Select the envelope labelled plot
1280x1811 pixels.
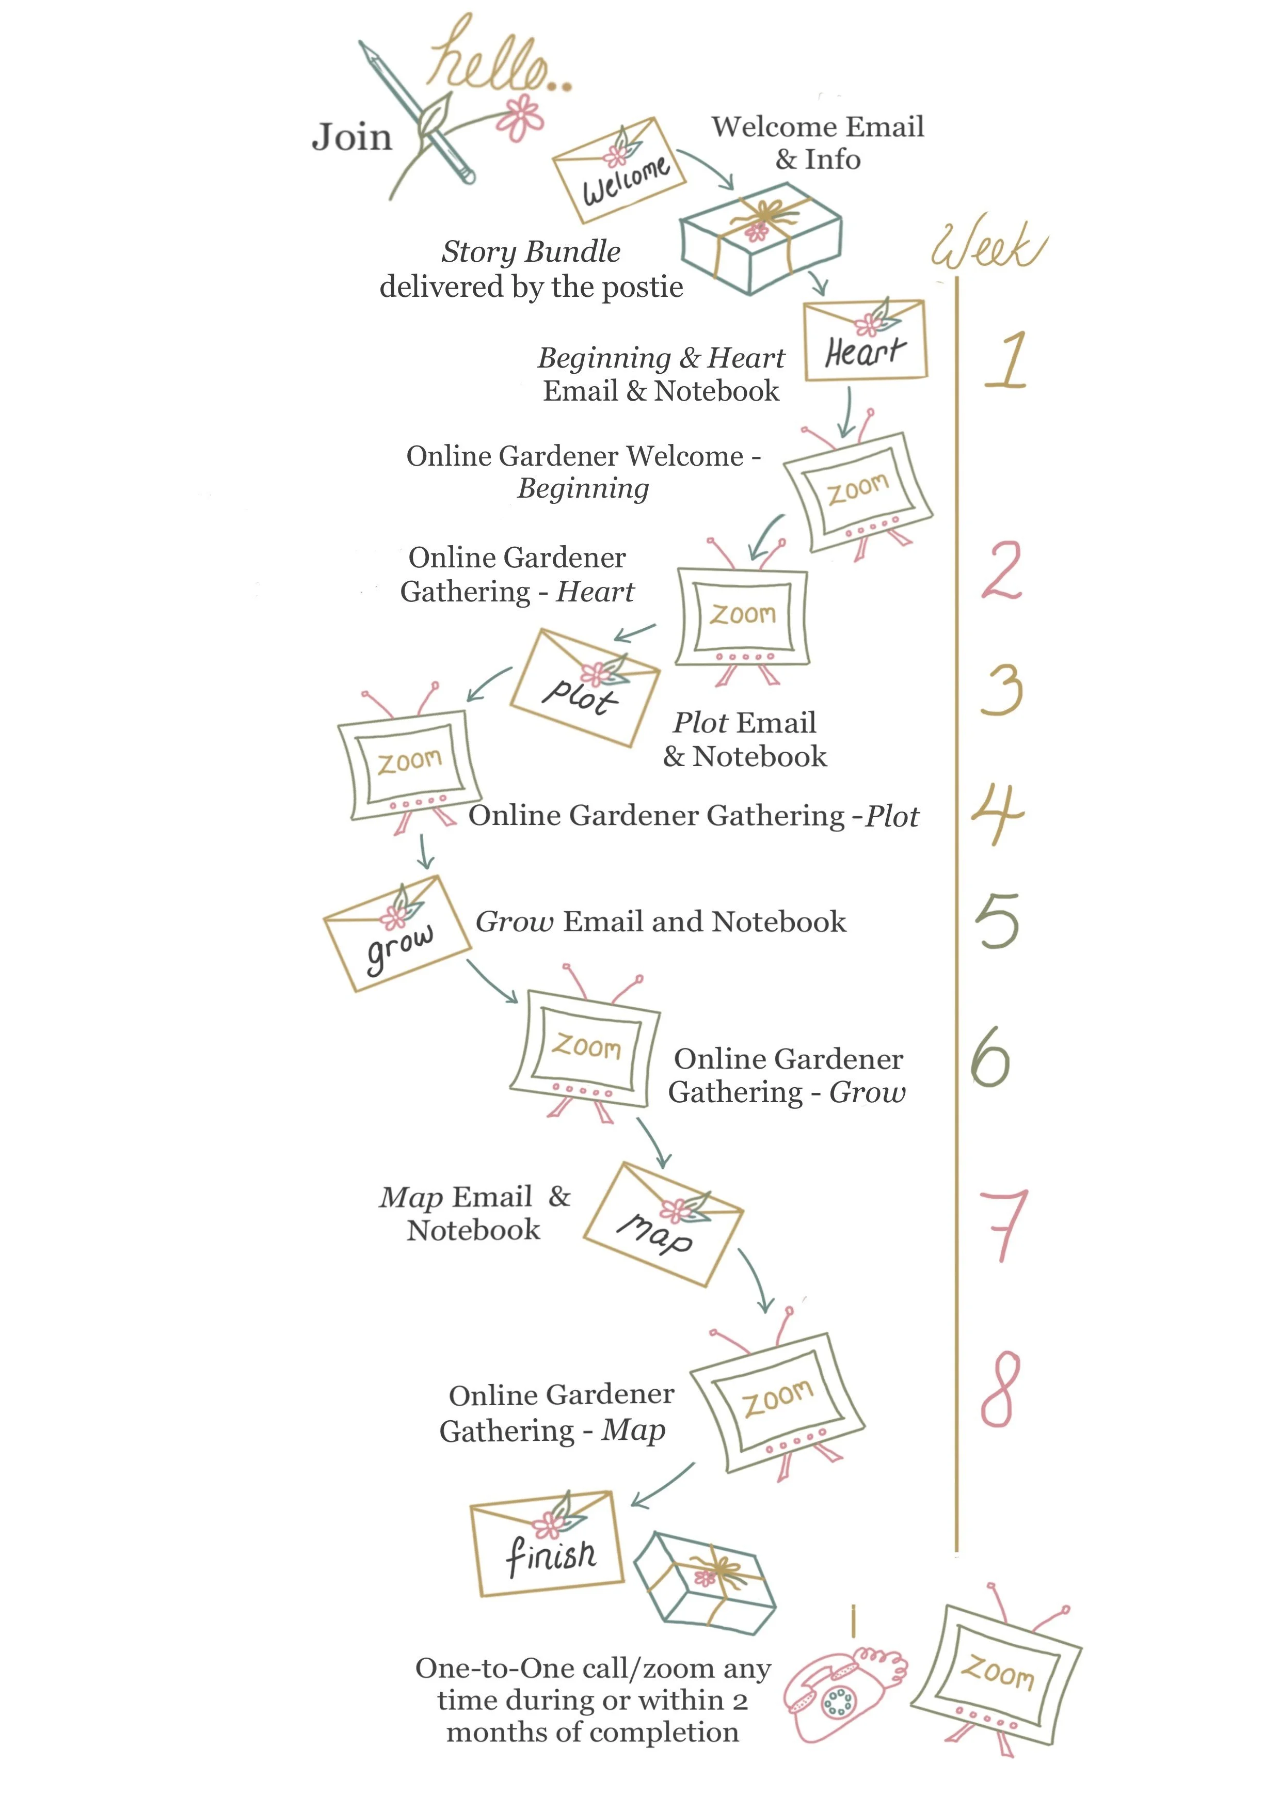[x=585, y=687]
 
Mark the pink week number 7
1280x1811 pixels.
[x=1002, y=1225]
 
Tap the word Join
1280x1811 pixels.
[x=352, y=137]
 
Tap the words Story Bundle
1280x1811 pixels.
[x=531, y=251]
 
